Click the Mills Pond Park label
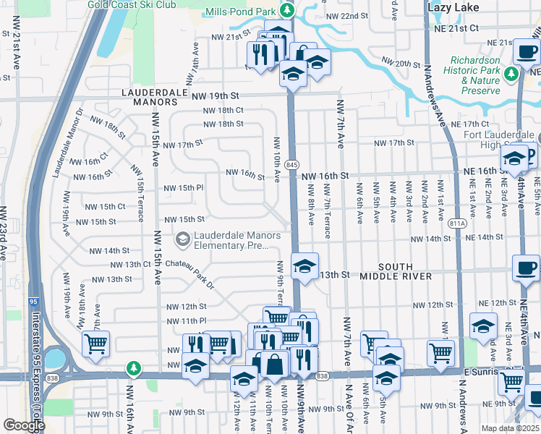[241, 12]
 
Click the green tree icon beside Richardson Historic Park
[512, 73]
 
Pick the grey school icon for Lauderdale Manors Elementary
[182, 238]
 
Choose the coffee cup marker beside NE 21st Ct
[525, 51]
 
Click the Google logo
[24, 425]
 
